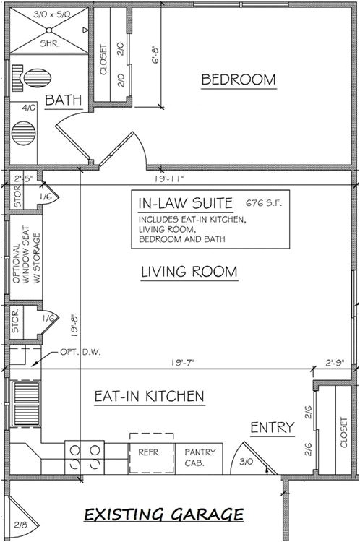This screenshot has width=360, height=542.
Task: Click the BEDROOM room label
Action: [x=239, y=79]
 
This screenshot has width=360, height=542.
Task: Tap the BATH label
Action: [x=63, y=100]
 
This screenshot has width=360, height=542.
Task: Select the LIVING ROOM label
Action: [x=189, y=272]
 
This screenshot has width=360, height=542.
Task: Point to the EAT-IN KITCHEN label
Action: [x=150, y=396]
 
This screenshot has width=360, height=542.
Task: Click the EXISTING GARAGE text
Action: [x=163, y=515]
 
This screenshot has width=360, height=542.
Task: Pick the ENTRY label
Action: [x=272, y=427]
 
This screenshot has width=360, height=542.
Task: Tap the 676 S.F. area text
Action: [x=263, y=203]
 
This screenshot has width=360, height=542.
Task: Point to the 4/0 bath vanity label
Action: [x=28, y=108]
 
